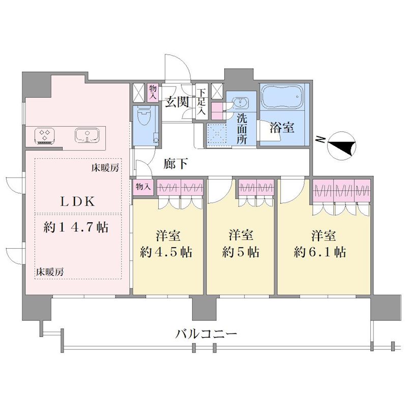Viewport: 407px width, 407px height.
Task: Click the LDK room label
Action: pyautogui.click(x=77, y=202)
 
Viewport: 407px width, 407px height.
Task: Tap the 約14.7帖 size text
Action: pyautogui.click(x=76, y=227)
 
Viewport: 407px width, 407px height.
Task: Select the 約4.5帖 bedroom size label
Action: pyautogui.click(x=166, y=252)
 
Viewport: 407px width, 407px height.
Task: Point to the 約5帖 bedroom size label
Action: pyautogui.click(x=241, y=252)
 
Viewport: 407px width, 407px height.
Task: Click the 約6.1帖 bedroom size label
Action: pyautogui.click(x=320, y=252)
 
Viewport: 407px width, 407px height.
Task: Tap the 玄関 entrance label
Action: pyautogui.click(x=177, y=102)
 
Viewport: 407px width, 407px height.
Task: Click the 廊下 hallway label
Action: pyautogui.click(x=176, y=164)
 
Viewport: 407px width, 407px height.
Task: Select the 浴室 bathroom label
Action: pyautogui.click(x=282, y=128)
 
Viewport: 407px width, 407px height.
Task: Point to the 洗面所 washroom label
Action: pyautogui.click(x=242, y=129)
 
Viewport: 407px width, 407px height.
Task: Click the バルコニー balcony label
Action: pyautogui.click(x=207, y=334)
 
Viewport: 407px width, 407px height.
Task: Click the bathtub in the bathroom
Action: pyautogui.click(x=282, y=97)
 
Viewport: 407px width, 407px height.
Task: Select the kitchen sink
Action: pyautogui.click(x=87, y=135)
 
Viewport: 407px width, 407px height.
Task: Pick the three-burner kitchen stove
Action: pyautogui.click(x=44, y=135)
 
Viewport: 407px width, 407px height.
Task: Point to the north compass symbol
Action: pyautogui.click(x=341, y=146)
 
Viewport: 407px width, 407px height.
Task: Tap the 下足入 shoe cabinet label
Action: pyautogui.click(x=201, y=102)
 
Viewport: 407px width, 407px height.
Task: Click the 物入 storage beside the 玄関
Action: pyautogui.click(x=153, y=93)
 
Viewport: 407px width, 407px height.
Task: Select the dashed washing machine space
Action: pyautogui.click(x=218, y=133)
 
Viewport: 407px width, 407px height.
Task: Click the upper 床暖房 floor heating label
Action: pyautogui.click(x=105, y=168)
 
